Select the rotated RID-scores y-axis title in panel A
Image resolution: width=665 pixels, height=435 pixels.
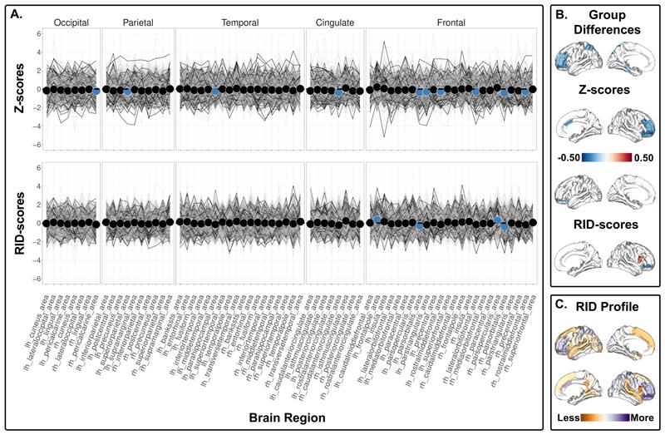tap(15, 221)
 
